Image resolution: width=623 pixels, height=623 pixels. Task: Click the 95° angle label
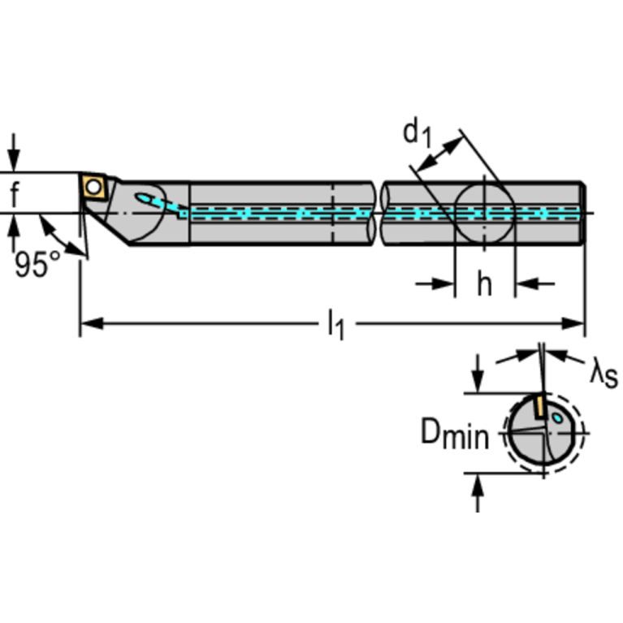coord(37,264)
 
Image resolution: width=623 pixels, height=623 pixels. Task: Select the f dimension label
coord(15,193)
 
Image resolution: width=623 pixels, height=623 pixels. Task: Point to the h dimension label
coord(484,283)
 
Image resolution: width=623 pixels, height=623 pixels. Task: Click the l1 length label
coord(335,325)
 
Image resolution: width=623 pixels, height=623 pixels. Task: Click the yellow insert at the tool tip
coord(94,186)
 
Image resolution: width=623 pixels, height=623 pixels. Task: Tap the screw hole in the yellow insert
coord(93,187)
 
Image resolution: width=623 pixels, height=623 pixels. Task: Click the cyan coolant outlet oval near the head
coord(145,198)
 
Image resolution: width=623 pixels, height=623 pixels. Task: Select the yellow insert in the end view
coord(539,405)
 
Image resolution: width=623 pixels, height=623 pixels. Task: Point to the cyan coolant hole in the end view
coord(557,417)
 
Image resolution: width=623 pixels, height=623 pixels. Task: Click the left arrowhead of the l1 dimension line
coord(92,323)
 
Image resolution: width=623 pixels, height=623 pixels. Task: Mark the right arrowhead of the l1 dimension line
coord(573,323)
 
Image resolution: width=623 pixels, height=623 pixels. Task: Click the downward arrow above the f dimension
coord(15,153)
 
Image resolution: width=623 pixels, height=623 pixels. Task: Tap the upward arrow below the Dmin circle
coord(478,493)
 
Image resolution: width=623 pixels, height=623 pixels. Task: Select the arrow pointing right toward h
coord(435,283)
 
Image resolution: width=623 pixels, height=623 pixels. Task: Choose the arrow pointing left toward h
coord(535,283)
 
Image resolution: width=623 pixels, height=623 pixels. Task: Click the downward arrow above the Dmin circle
coord(478,373)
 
